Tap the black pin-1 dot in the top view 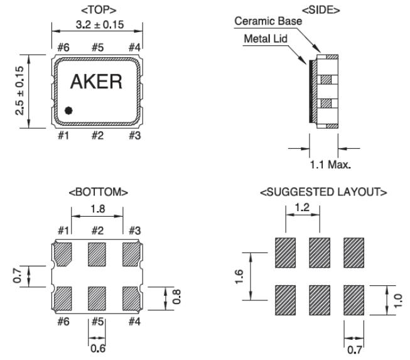(68, 111)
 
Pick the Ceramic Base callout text (268, 21)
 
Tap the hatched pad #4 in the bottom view (130, 298)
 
